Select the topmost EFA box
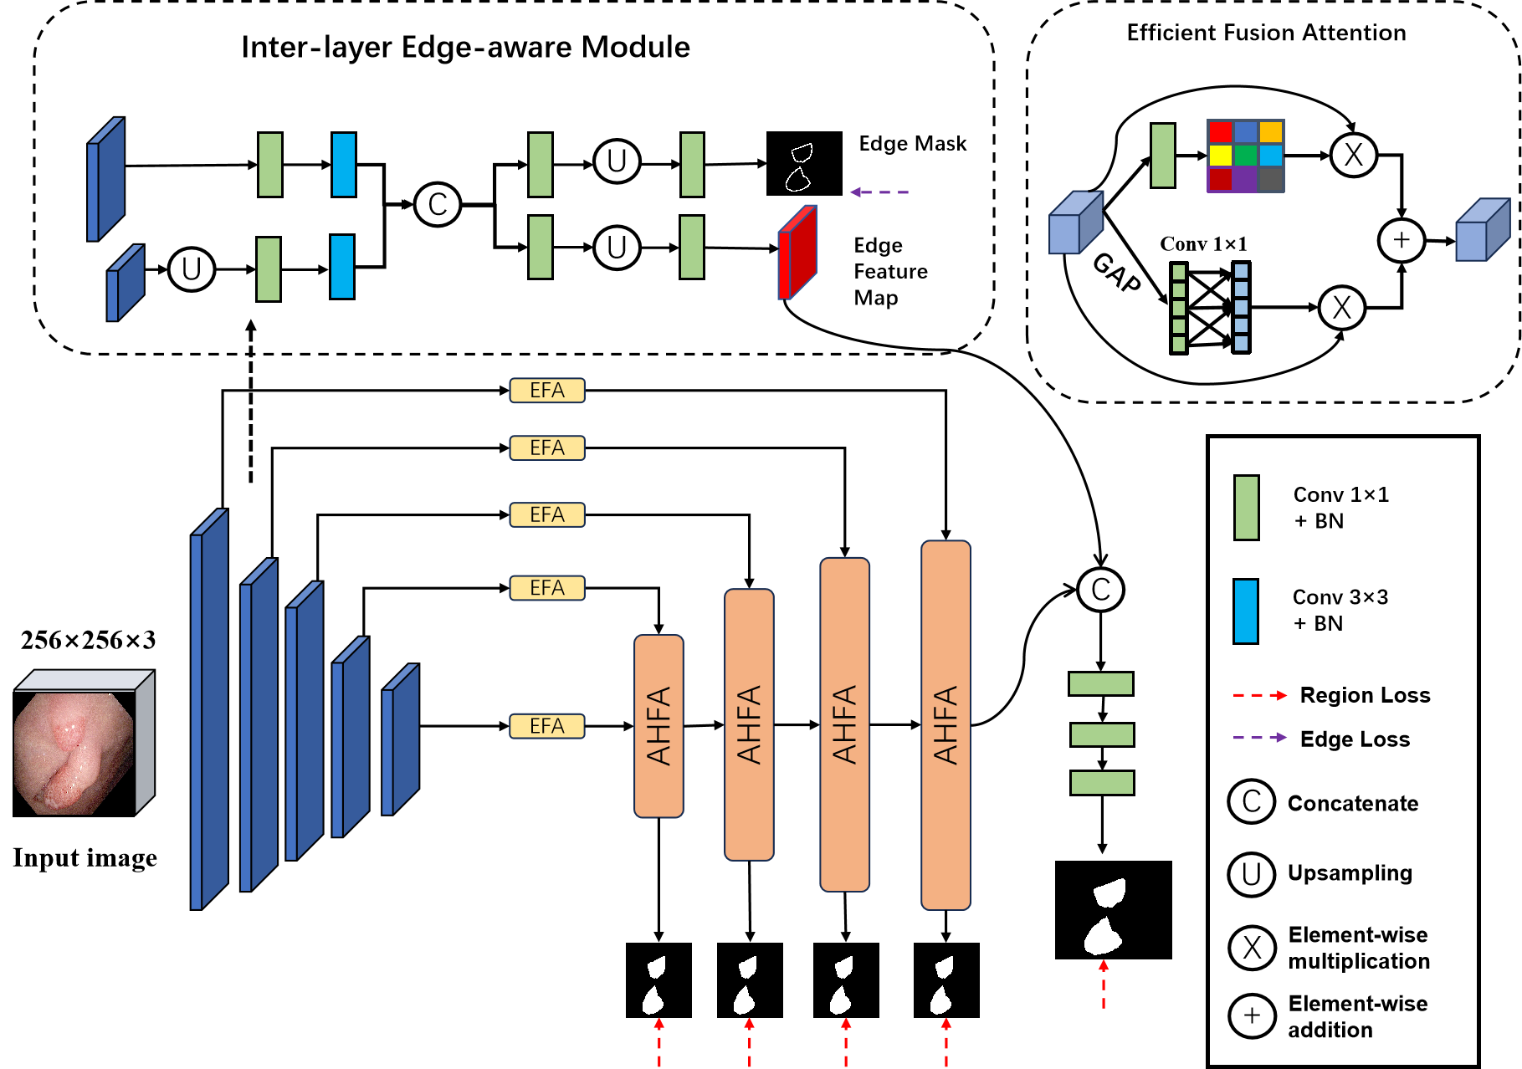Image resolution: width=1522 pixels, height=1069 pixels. click(x=547, y=391)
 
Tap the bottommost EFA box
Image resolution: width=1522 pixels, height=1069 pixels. click(x=547, y=726)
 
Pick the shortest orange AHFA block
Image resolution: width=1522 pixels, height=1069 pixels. click(x=659, y=726)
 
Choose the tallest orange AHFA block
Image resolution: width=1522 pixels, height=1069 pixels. click(x=945, y=724)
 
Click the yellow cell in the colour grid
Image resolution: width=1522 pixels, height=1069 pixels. click(x=1220, y=156)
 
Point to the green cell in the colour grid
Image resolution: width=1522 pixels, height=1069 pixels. click(x=1245, y=156)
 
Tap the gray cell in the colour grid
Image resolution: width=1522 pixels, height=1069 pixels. click(x=1270, y=179)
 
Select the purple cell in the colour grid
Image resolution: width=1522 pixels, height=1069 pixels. click(x=1245, y=179)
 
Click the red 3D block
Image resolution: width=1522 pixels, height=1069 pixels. click(x=797, y=253)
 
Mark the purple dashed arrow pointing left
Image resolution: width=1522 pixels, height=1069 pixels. click(x=879, y=192)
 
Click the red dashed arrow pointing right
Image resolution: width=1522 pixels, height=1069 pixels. click(x=1259, y=695)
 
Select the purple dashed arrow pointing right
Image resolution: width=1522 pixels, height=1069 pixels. click(x=1259, y=737)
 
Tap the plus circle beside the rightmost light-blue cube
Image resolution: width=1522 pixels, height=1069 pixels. click(x=1402, y=241)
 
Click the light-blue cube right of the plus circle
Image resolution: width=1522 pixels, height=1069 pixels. click(x=1482, y=231)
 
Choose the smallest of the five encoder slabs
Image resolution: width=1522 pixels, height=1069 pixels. click(x=400, y=740)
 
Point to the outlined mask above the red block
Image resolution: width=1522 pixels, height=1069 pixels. click(x=799, y=167)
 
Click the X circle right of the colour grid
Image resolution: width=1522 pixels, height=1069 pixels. click(x=1353, y=156)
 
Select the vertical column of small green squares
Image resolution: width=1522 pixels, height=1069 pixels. click(x=1179, y=308)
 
